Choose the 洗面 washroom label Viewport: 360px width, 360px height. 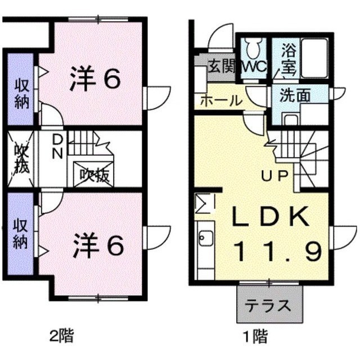[295, 95]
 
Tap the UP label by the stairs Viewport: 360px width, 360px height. [276, 175]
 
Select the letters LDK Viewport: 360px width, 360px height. [271, 217]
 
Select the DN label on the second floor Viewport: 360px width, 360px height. [57, 145]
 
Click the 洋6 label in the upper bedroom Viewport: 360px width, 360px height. [96, 79]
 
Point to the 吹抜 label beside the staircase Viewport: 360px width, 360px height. [93, 175]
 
